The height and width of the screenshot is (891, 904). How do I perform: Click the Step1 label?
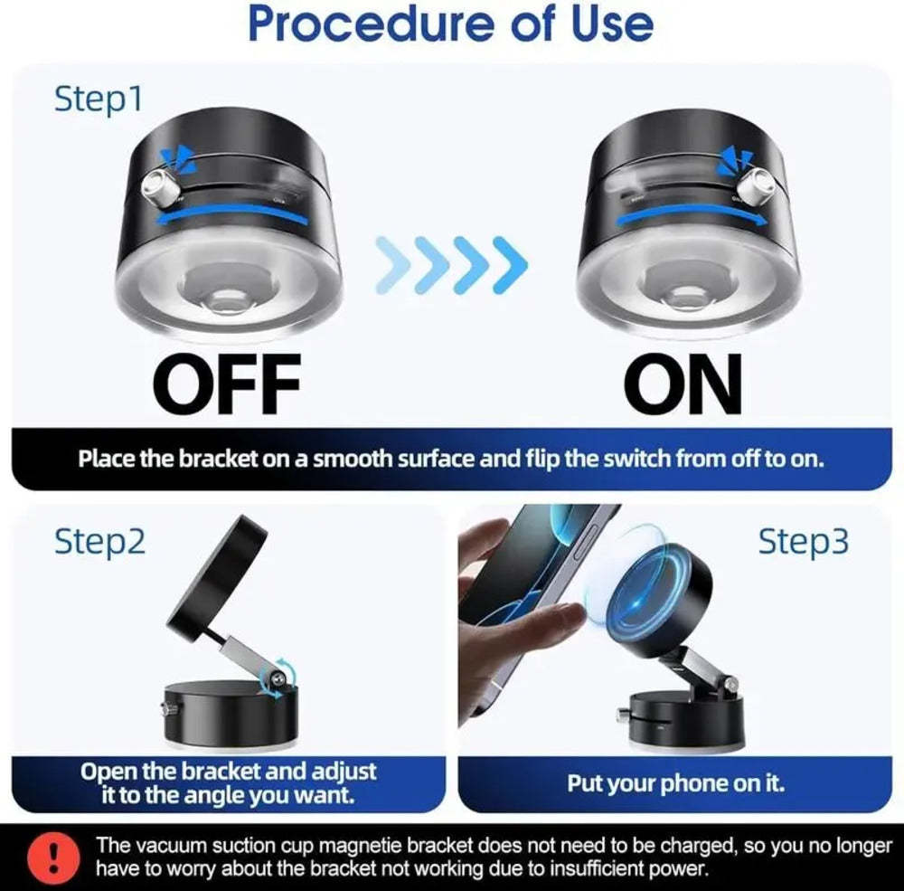[x=99, y=100]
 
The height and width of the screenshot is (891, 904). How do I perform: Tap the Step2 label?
[x=99, y=542]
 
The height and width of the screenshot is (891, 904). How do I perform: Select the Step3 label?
[x=803, y=542]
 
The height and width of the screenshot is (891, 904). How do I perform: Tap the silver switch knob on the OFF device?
[x=163, y=185]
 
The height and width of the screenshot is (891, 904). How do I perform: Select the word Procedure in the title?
[x=372, y=24]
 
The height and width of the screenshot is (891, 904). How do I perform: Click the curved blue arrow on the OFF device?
[x=231, y=214]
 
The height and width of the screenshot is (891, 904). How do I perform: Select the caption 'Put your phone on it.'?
[x=675, y=783]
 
